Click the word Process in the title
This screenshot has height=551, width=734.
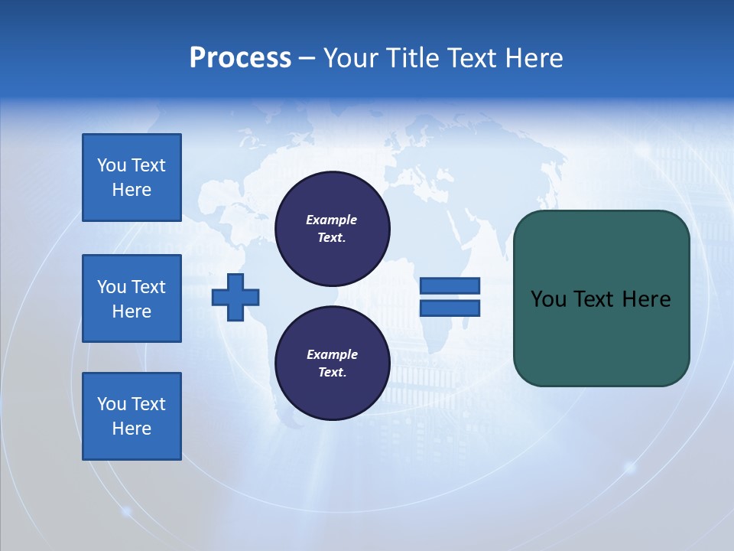240,58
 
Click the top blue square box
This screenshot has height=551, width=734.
132,178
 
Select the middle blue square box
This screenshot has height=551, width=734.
132,298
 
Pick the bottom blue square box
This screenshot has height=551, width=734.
132,416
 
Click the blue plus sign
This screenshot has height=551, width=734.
235,297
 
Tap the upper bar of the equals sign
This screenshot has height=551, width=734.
450,285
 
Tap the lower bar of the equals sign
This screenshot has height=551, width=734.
450,308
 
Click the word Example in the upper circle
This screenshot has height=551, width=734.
331,220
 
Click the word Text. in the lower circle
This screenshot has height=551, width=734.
332,373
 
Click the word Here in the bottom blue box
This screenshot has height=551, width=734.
132,429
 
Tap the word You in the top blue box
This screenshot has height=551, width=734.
112,165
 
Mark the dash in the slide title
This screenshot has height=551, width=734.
307,59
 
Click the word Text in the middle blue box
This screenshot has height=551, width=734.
148,287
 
